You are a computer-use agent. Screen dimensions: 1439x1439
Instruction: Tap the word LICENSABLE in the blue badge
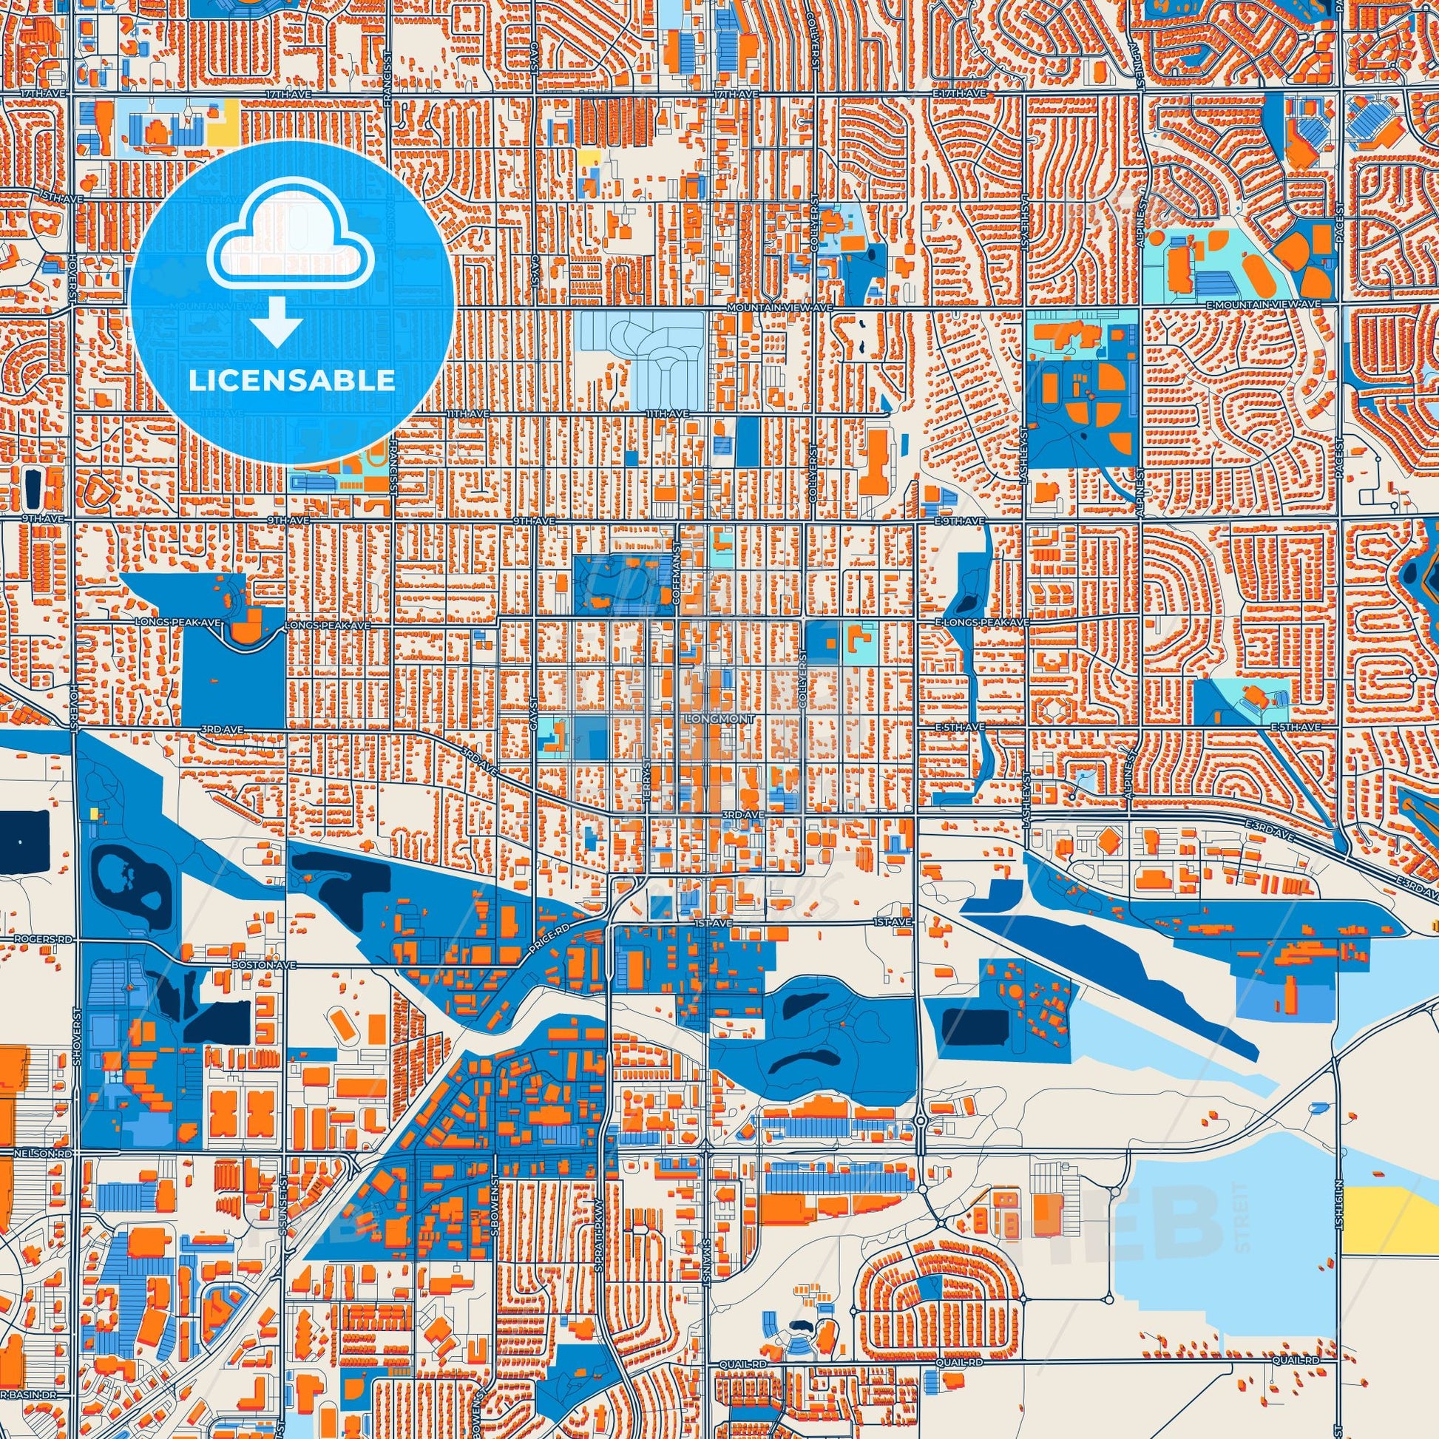pyautogui.click(x=291, y=380)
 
